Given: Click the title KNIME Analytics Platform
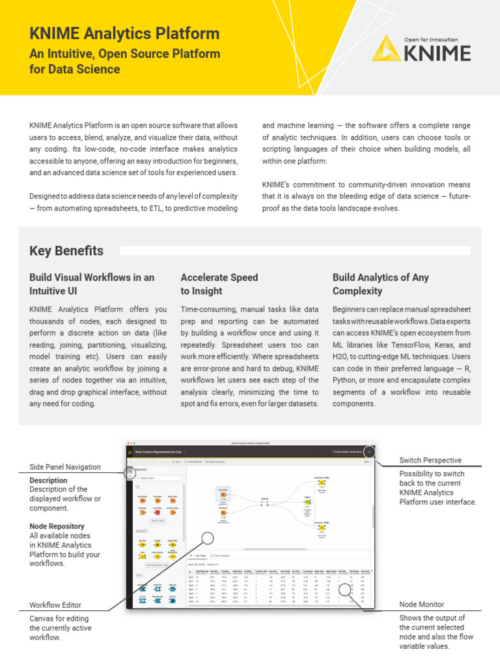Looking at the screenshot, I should pyautogui.click(x=124, y=33).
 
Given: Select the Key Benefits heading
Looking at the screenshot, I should pyautogui.click(x=66, y=251).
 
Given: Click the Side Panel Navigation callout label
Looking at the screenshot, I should pyautogui.click(x=65, y=466).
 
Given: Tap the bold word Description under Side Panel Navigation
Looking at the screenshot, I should pyautogui.click(x=48, y=481).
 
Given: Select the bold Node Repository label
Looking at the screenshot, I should pyautogui.click(x=57, y=526).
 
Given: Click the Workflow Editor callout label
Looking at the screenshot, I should pyautogui.click(x=55, y=605).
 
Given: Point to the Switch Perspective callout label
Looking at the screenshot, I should pyautogui.click(x=430, y=460).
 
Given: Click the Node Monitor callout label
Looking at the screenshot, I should pyautogui.click(x=421, y=604).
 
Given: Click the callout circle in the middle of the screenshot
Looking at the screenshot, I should pyautogui.click(x=208, y=538).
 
